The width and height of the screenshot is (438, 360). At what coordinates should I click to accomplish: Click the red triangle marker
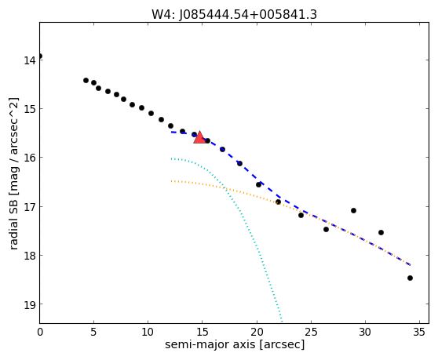pos(199,137)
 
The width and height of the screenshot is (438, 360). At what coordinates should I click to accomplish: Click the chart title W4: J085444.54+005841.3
pos(234,14)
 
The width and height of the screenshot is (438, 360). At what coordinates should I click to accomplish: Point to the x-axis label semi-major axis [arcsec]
pos(235,344)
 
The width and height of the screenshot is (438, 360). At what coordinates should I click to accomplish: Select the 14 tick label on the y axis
pos(29,60)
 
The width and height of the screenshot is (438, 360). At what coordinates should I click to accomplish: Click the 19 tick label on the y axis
pos(29,304)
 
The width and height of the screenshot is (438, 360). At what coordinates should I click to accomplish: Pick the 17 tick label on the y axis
pos(29,207)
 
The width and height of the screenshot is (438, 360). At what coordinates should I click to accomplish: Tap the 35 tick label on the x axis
pos(419,332)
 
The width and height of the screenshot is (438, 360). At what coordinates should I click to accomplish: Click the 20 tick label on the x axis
pos(257,332)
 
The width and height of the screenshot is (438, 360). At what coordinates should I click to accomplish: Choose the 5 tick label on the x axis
pos(93,332)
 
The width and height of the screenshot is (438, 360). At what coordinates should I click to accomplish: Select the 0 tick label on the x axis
pos(40,332)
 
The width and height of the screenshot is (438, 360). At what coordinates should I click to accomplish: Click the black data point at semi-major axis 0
pos(40,56)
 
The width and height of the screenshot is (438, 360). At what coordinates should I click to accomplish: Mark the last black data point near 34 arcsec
pos(410,278)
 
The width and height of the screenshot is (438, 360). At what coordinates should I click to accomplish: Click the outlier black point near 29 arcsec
pos(354,210)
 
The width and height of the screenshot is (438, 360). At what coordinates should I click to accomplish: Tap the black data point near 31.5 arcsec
pos(381,232)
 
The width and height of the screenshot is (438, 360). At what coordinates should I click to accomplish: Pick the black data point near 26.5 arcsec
pos(326,229)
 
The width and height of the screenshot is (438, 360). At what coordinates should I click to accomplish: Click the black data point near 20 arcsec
pos(259,185)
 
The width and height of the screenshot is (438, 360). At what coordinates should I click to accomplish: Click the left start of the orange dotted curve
pos(171,181)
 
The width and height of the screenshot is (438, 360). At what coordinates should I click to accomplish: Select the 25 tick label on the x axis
pos(311,332)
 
